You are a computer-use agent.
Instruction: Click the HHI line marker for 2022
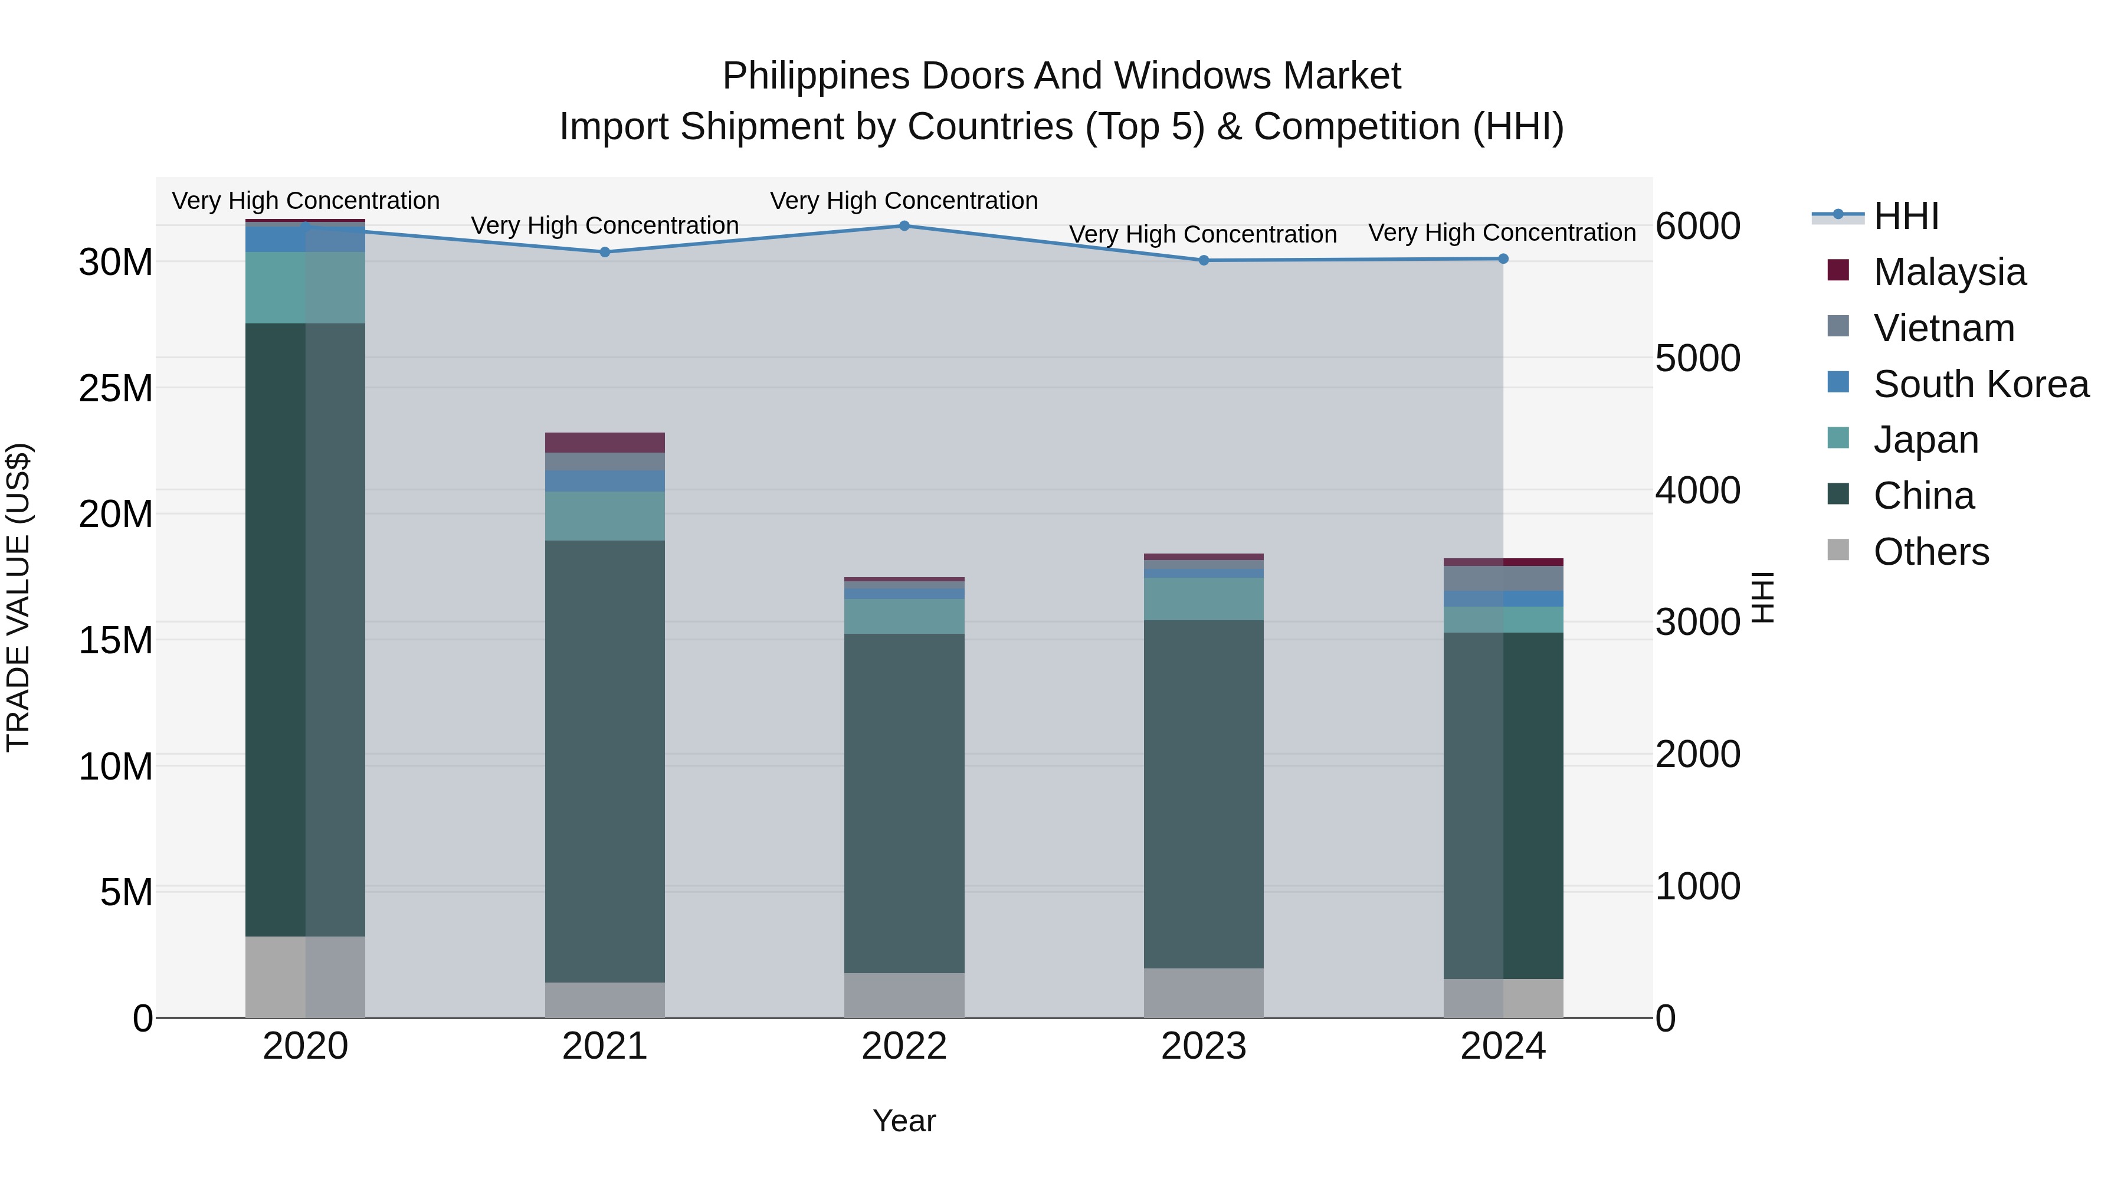(904, 226)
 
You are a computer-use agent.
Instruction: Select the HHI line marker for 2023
(1203, 261)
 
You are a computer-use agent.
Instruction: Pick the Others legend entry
(1930, 552)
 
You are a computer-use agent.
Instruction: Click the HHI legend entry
(1906, 216)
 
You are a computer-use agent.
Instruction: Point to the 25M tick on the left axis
(116, 388)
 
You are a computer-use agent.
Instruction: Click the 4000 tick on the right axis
(1697, 491)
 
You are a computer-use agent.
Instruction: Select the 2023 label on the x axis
(1203, 1046)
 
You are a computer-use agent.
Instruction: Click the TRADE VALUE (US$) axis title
(18, 597)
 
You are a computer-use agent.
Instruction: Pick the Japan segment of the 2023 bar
(1203, 599)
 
